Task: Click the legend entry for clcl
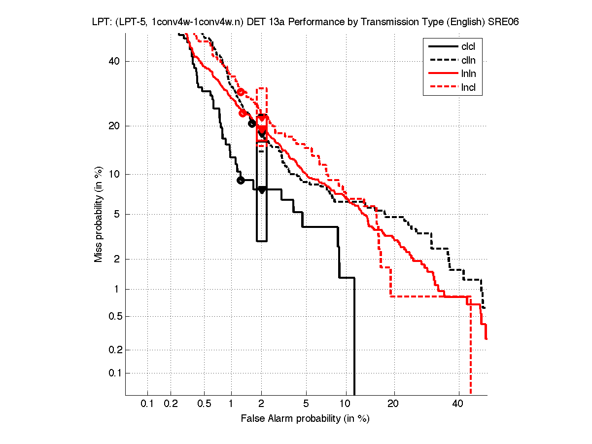(468, 47)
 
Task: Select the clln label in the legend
(468, 61)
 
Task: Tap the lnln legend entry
(468, 74)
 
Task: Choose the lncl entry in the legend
(468, 88)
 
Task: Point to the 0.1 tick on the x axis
(147, 404)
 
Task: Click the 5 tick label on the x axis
(306, 404)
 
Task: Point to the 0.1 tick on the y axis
(113, 373)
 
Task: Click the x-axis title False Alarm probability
(305, 419)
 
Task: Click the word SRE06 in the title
(503, 23)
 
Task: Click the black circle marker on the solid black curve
(241, 180)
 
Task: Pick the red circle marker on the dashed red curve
(241, 92)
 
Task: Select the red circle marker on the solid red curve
(243, 113)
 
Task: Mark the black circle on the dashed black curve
(252, 123)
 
